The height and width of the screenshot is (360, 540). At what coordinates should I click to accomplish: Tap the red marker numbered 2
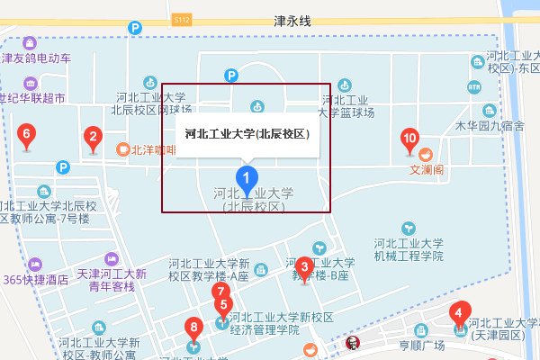coord(92,138)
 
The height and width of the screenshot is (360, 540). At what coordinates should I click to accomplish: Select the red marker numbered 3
coord(304,266)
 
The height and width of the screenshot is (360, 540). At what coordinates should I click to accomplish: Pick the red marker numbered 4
coord(459,314)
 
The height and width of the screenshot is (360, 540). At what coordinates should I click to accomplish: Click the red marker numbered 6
coord(26,137)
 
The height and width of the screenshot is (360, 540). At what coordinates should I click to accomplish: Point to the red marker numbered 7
coord(220,292)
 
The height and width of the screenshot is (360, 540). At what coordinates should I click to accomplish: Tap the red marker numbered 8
coord(192,328)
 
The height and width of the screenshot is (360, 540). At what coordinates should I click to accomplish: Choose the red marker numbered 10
coord(409,138)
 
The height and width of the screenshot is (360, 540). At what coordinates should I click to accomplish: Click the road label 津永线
coord(292,19)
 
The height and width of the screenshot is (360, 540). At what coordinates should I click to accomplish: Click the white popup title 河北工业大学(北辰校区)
coord(247,134)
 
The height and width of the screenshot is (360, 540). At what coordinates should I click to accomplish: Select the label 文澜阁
coord(427,168)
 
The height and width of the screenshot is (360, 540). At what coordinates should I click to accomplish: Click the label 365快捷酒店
coord(36,280)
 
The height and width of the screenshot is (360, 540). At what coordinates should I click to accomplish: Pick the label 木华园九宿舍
coord(490,126)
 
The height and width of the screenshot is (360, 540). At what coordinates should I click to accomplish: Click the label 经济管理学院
coord(264,330)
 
